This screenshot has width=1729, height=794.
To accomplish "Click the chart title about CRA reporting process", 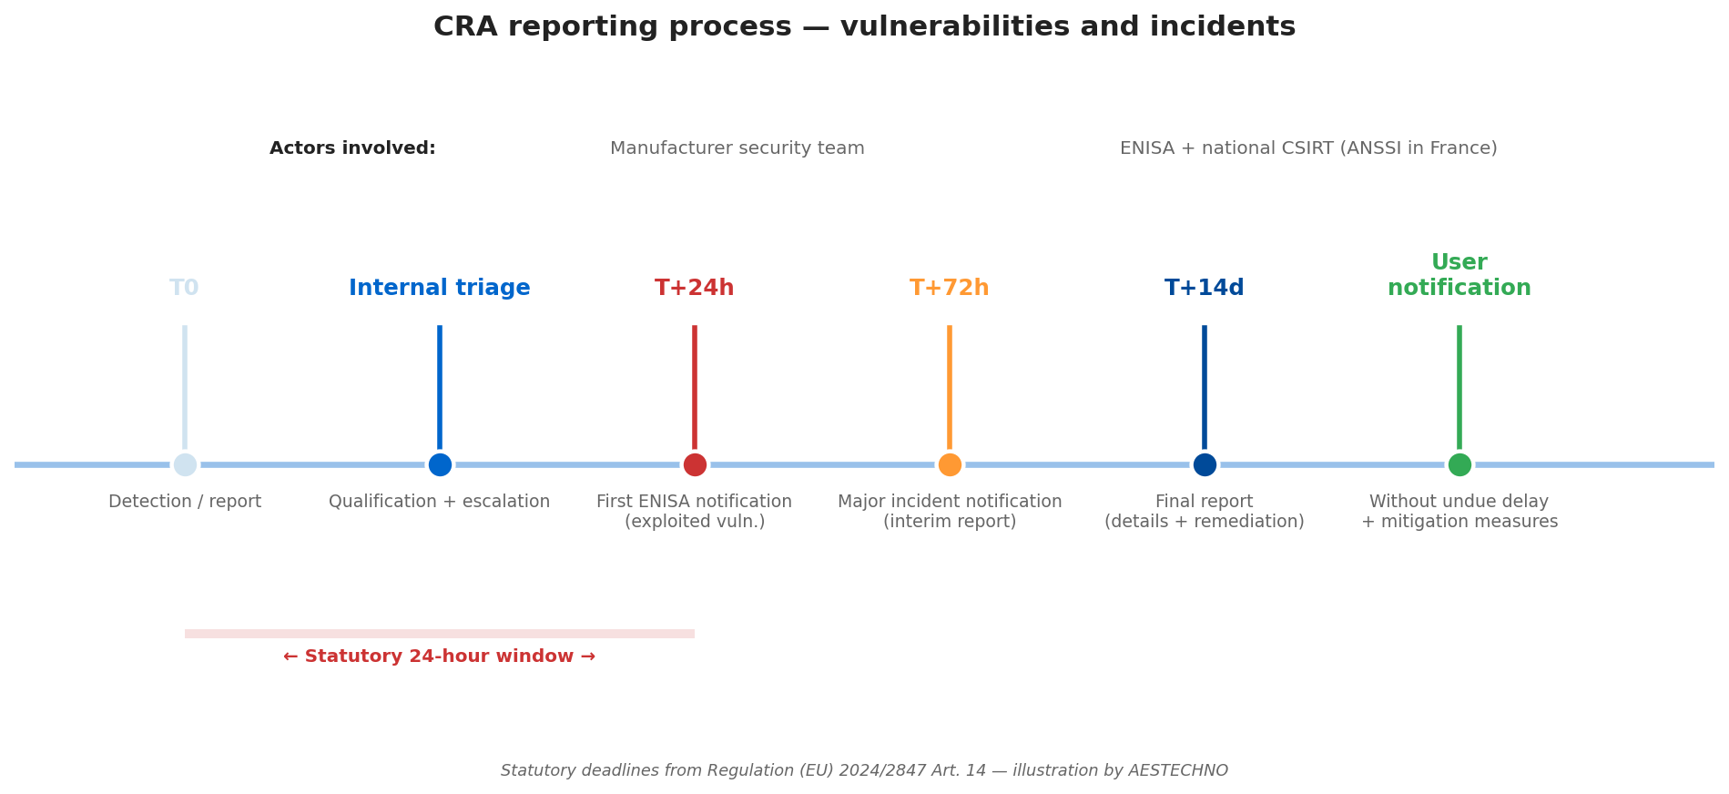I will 864,27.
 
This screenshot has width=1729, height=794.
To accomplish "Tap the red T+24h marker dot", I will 695,464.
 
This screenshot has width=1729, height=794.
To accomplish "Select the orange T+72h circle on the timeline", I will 950,464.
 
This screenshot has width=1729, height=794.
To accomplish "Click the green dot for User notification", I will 1459,464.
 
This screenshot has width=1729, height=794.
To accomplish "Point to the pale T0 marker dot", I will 185,464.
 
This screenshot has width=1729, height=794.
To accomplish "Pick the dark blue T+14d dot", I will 1205,464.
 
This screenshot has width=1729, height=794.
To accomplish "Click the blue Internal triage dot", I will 440,464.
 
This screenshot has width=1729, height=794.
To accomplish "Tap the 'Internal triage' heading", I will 439,289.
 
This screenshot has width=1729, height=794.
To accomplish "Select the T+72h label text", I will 949,289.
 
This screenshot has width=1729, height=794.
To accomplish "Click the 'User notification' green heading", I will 1459,276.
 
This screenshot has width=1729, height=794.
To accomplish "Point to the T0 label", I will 184,289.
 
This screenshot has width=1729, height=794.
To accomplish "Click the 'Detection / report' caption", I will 185,502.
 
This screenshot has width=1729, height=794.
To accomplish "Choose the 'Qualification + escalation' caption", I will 439,502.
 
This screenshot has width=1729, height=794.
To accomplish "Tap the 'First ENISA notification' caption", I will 694,502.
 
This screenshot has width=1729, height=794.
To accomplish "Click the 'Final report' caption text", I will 1204,502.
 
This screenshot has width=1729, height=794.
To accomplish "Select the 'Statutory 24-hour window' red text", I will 439,657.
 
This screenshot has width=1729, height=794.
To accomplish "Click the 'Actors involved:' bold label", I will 352,148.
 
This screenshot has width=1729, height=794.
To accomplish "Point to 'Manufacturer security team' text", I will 737,148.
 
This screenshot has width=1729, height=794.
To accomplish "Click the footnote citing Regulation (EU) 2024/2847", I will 864,770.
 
